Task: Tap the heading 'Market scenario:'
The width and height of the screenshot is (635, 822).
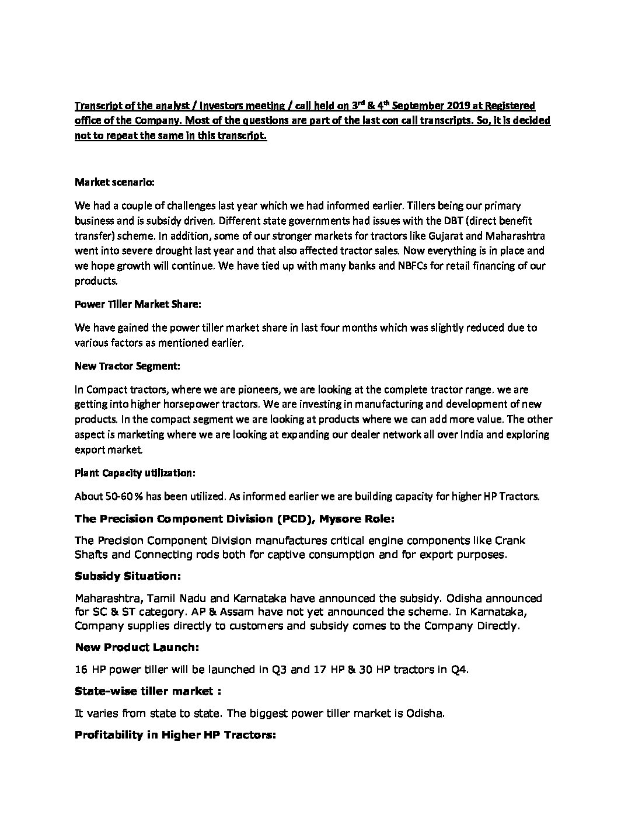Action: tap(114, 182)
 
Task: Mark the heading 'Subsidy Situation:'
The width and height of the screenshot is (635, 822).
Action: tap(128, 576)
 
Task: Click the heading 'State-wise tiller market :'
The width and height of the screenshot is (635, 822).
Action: tap(148, 691)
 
